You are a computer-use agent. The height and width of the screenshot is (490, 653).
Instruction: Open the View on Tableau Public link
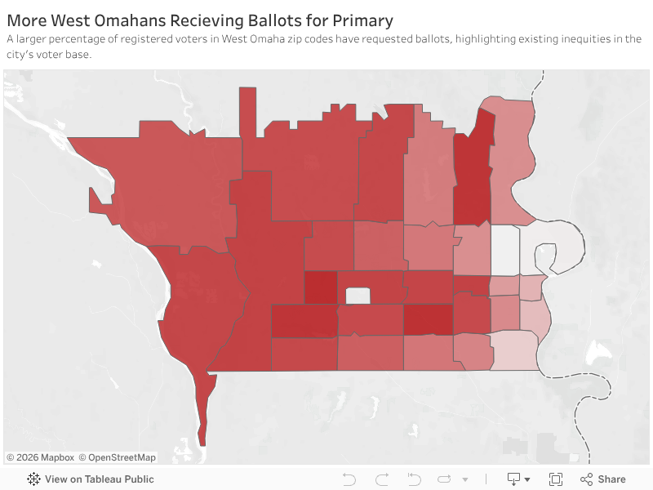99,479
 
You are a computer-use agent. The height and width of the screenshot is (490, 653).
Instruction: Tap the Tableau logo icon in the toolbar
34,479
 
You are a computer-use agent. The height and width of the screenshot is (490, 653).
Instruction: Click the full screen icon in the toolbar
556,479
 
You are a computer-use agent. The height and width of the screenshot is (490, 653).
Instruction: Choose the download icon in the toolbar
515,479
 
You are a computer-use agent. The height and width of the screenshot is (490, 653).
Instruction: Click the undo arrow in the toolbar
349,479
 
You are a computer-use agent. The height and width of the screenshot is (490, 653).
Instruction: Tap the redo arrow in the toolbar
382,479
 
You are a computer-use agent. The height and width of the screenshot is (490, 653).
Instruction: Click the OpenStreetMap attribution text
122,457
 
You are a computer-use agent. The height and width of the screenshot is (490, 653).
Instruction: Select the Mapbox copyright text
40,457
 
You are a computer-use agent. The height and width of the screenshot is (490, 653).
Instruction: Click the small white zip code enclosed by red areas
358,295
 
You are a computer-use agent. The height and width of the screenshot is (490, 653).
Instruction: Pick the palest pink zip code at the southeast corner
514,351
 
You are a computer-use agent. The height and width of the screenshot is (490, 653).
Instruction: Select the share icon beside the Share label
586,479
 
